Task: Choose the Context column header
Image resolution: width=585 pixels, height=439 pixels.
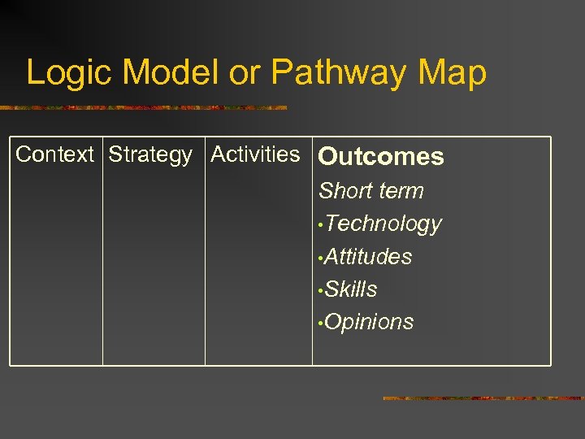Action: click(x=55, y=154)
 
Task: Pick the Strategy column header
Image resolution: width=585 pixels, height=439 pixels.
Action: click(x=150, y=154)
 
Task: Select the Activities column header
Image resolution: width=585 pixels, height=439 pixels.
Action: click(x=255, y=154)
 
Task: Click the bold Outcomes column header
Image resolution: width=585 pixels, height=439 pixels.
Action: click(x=381, y=157)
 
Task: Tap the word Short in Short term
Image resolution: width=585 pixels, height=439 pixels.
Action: click(x=344, y=191)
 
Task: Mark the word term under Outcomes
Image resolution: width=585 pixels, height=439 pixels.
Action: click(x=399, y=191)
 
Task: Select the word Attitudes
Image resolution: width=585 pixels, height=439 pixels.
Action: click(x=369, y=257)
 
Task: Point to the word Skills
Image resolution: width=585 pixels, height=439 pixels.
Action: click(x=351, y=289)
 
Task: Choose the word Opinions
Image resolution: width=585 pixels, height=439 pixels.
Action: click(x=370, y=322)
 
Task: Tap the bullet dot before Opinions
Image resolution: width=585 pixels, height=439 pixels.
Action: click(x=322, y=324)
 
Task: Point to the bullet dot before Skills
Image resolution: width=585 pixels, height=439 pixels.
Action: click(x=322, y=291)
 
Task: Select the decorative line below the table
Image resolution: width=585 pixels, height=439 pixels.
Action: click(x=483, y=398)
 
